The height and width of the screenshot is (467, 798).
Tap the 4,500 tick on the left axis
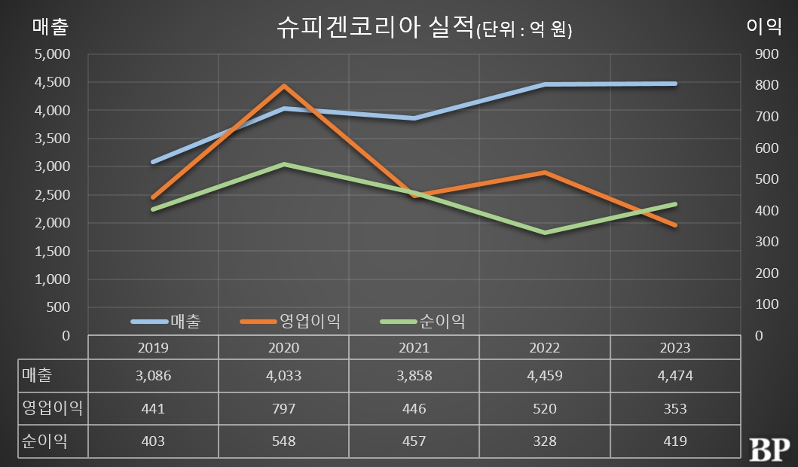[x=52, y=82]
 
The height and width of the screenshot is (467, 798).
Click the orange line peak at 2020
[x=283, y=86]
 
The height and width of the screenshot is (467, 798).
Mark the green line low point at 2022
[x=545, y=233]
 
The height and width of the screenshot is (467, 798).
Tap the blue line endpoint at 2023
[x=675, y=84]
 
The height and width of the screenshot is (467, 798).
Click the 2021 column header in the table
[x=414, y=348]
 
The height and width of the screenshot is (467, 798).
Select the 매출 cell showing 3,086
[x=153, y=376]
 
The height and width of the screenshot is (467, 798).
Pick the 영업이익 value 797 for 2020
[x=283, y=408]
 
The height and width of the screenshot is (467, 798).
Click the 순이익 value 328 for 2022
[x=544, y=441]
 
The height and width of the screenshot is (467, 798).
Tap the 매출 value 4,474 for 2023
[x=675, y=376]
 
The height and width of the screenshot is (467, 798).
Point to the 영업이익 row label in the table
[x=52, y=408]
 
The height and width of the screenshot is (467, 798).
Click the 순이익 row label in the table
[x=44, y=441]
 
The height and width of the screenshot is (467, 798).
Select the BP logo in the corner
[x=768, y=448]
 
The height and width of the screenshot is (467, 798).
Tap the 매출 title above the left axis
[x=50, y=27]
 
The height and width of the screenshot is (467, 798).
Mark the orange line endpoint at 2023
[x=675, y=225]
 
